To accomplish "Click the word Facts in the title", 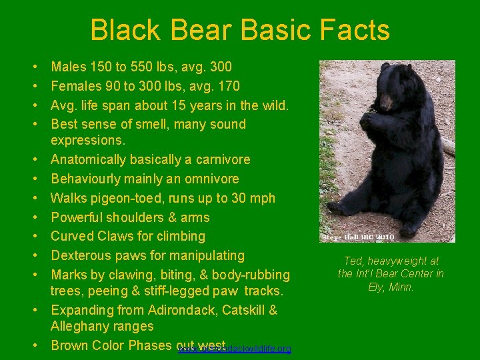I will point(356,31).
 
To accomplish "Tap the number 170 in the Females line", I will point(229,86).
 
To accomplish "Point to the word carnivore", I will point(217,160).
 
